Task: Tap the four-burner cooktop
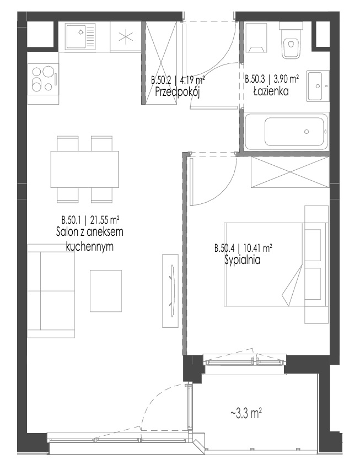tap(44, 79)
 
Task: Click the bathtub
tap(287, 132)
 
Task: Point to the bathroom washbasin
tap(318, 86)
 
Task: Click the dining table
tap(84, 169)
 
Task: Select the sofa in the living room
tap(51, 291)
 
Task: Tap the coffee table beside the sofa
tap(106, 291)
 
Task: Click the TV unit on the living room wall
tap(170, 291)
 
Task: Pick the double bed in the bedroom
tap(276, 264)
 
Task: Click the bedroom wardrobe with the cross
tap(290, 172)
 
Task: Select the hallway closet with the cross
tap(162, 63)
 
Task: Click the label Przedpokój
tap(178, 92)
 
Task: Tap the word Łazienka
tap(271, 91)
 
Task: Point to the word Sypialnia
tap(243, 260)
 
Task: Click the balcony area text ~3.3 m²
tap(246, 413)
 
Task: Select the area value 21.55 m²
tap(105, 220)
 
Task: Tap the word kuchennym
tap(90, 246)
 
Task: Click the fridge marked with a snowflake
tap(126, 37)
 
